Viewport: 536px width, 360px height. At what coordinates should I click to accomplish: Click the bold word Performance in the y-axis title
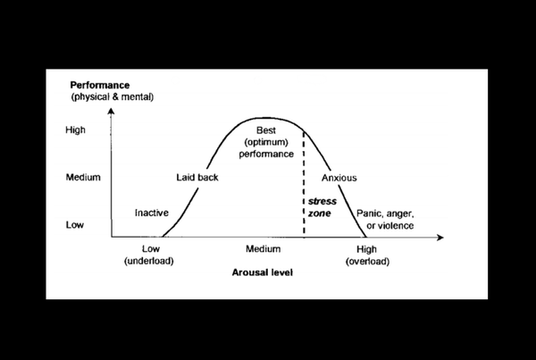click(x=100, y=85)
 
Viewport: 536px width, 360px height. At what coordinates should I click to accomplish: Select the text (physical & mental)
click(x=113, y=97)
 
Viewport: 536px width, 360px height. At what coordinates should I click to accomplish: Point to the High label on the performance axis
click(x=76, y=130)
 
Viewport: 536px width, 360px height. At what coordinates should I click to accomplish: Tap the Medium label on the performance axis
click(x=83, y=177)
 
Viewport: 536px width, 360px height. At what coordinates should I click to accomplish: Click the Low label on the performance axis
click(x=75, y=225)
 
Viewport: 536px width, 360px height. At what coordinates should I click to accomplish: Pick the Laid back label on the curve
click(x=197, y=178)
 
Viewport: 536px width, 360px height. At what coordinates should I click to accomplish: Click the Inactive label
click(x=152, y=213)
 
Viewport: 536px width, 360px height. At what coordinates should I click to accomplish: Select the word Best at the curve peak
click(x=266, y=130)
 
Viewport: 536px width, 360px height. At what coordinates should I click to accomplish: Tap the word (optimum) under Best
click(x=266, y=142)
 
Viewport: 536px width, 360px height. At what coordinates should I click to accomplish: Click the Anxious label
click(x=339, y=178)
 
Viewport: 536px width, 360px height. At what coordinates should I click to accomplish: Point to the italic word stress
click(x=322, y=201)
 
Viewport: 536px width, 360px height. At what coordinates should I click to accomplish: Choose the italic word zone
click(x=320, y=213)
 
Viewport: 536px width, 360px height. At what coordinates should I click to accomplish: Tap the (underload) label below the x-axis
click(x=149, y=261)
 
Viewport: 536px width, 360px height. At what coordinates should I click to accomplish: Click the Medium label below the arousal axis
click(x=264, y=249)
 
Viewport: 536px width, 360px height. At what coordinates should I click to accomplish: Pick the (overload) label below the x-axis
click(x=367, y=262)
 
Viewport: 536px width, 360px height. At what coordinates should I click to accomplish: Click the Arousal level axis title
click(x=263, y=272)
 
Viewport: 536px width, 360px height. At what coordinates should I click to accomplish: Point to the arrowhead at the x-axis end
click(x=440, y=238)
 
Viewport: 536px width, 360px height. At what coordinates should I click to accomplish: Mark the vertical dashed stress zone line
click(x=304, y=183)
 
